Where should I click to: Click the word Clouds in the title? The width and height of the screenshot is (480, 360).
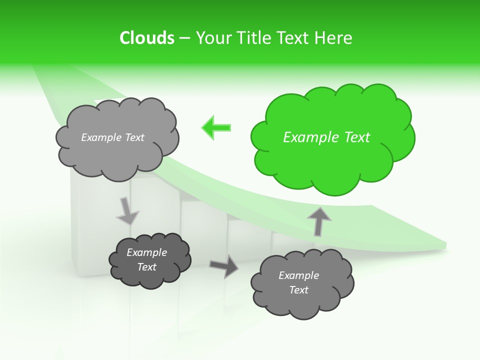(x=146, y=38)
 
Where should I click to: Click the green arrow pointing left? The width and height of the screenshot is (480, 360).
(x=216, y=127)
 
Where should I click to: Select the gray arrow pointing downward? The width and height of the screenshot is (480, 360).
(x=127, y=210)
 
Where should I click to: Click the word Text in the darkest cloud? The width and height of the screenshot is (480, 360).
(x=147, y=267)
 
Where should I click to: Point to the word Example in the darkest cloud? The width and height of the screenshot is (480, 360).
(x=147, y=252)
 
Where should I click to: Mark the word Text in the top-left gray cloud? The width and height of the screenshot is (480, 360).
(x=134, y=137)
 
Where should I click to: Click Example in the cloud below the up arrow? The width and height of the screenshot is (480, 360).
(x=298, y=275)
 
